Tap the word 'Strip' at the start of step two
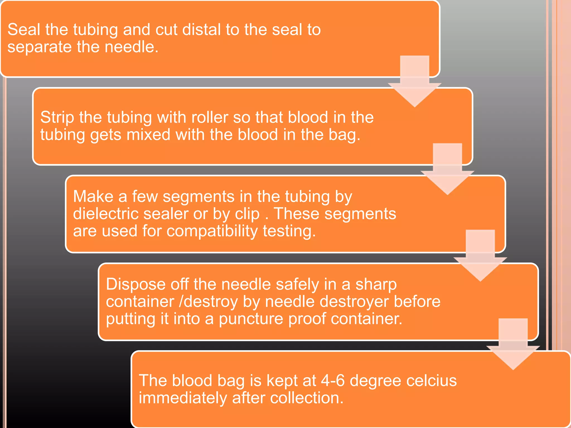coord(57,118)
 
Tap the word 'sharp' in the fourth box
coord(376,284)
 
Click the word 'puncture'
coord(251,319)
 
